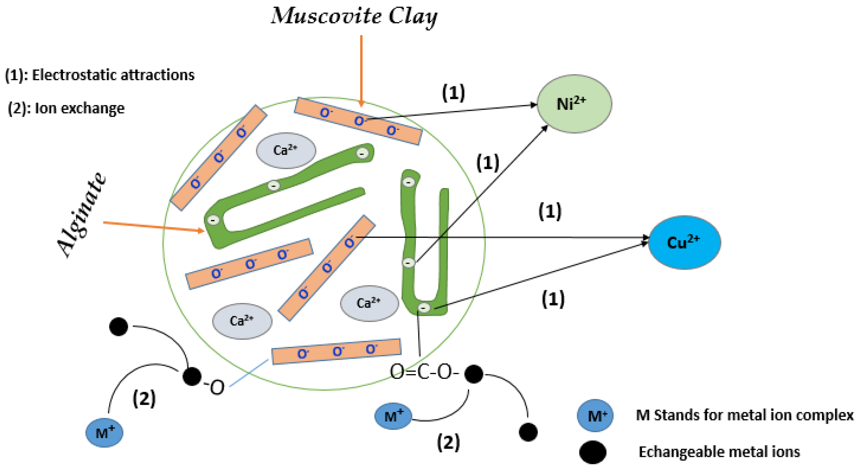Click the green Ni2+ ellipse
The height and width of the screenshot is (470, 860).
tap(574, 104)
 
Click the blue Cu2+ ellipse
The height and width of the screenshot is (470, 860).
tap(684, 242)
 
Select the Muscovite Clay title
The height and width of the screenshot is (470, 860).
tap(354, 16)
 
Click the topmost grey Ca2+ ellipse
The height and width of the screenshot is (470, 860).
tap(286, 150)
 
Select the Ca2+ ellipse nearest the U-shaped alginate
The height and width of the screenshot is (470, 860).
tap(369, 303)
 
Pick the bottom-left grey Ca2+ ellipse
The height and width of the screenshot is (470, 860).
tap(242, 321)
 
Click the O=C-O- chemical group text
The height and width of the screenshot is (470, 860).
tap(424, 372)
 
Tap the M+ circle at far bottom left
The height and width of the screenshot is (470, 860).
tap(105, 432)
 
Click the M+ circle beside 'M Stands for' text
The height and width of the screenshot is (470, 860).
tap(595, 416)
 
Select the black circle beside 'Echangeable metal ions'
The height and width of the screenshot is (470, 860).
tap(593, 452)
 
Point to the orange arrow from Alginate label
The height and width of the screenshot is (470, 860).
tap(154, 226)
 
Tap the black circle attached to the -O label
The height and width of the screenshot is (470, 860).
tap(192, 376)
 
